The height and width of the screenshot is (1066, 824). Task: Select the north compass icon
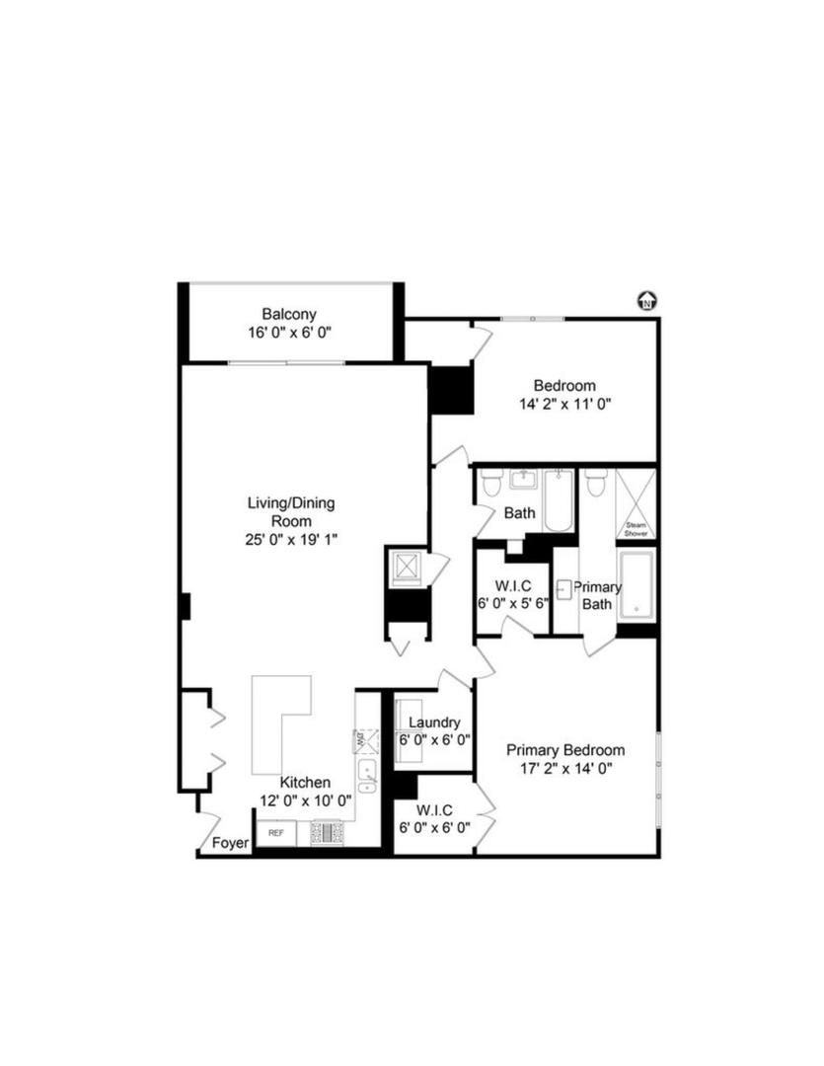tap(647, 301)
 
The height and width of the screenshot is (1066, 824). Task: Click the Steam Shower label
tap(635, 530)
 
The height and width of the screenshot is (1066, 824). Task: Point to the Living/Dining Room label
tap(290, 511)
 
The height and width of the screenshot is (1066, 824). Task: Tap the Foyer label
tap(231, 844)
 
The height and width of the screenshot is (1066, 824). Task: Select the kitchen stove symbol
tap(328, 834)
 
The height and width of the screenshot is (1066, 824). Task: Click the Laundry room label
tap(434, 723)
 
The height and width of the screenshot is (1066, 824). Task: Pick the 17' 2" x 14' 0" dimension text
tap(565, 769)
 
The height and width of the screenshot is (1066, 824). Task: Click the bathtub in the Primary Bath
tap(637, 585)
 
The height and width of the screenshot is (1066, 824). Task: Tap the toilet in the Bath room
tap(491, 484)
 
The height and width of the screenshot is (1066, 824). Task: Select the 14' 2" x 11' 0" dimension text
tap(564, 404)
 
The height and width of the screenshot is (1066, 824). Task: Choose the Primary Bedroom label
tap(565, 750)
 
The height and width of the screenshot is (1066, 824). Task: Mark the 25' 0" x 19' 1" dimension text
tap(290, 540)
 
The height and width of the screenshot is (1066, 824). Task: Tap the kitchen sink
tap(367, 776)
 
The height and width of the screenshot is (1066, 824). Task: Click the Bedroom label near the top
tap(564, 385)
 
